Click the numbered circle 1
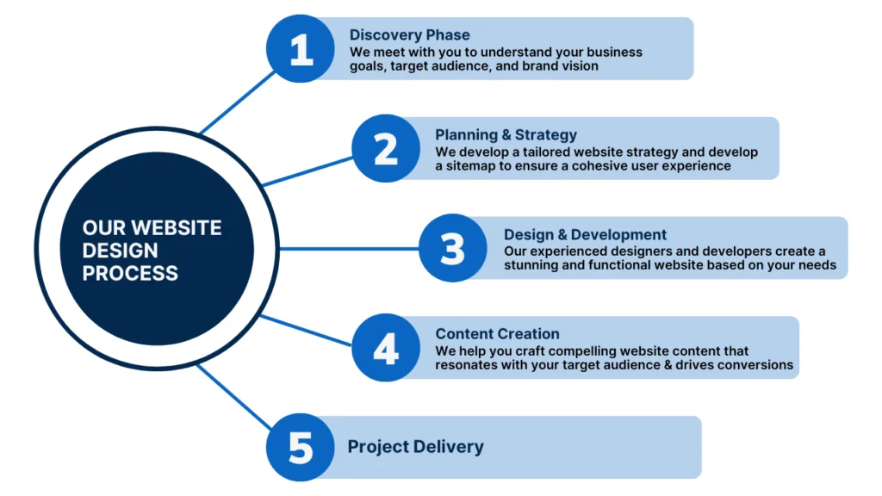click(x=301, y=49)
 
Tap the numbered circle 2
click(x=386, y=149)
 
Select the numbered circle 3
click(x=452, y=248)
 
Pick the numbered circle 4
click(x=386, y=348)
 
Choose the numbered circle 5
click(x=300, y=448)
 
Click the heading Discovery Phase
click(x=409, y=35)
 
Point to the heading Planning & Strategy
click(x=506, y=134)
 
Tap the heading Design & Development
click(x=585, y=234)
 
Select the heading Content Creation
click(x=497, y=333)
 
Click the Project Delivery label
click(x=415, y=447)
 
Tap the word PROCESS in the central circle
click(x=130, y=274)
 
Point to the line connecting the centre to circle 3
click(x=349, y=249)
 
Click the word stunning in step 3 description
click(x=534, y=265)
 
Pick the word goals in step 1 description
click(x=367, y=65)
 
